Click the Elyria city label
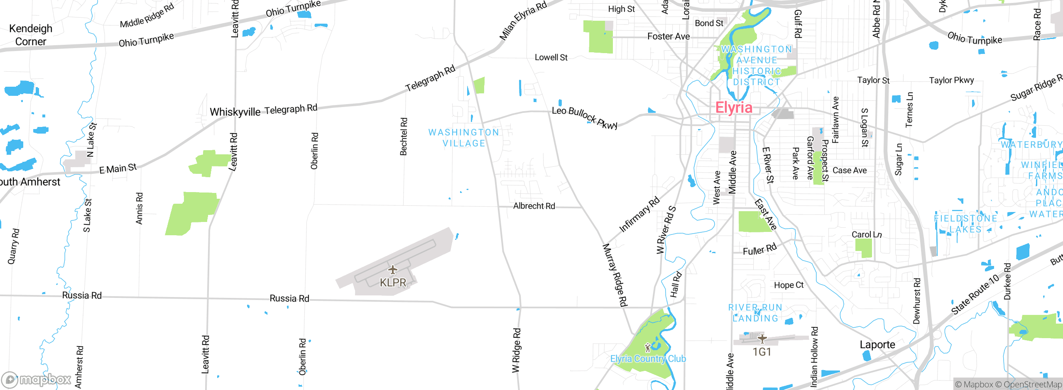pos(733,108)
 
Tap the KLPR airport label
pos(393,283)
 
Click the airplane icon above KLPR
pos(392,271)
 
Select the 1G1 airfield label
pos(762,352)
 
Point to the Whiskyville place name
pos(235,112)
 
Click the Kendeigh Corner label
pos(30,35)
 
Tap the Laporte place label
pos(877,345)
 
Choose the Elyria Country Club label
pos(648,358)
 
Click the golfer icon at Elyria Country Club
pos(648,347)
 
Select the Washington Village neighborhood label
pos(464,138)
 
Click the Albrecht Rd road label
pos(534,206)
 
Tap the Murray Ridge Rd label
pos(615,275)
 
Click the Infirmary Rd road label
pos(639,214)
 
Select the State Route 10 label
pos(975,295)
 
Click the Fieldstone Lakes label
pos(965,224)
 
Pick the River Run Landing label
pos(755,313)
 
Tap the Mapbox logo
pos(37,380)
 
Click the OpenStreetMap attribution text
pos(1032,385)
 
